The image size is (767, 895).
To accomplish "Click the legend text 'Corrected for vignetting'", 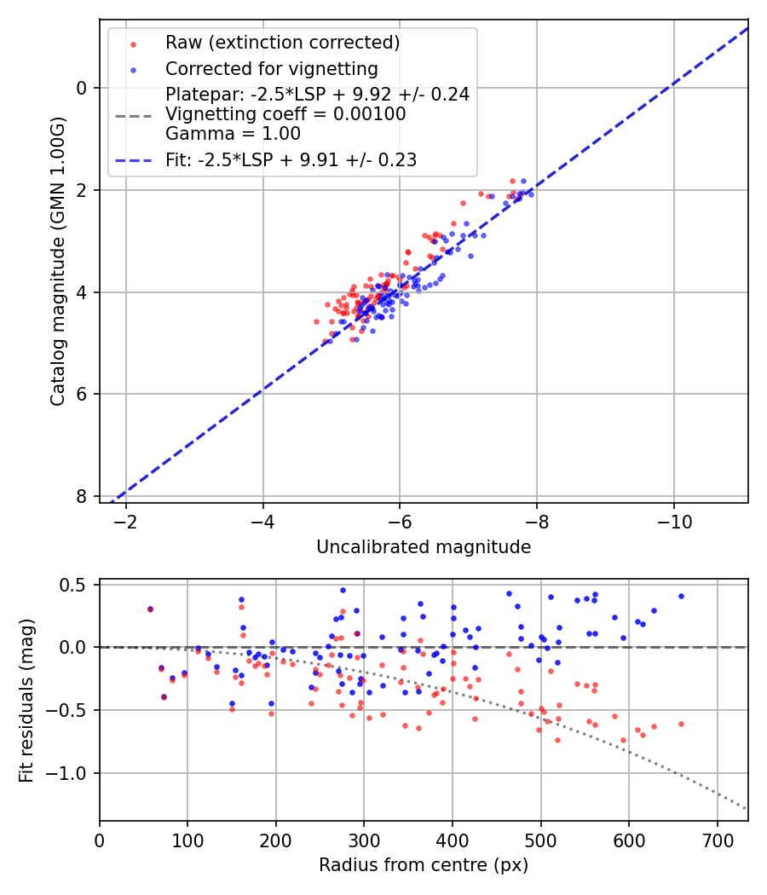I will [271, 68].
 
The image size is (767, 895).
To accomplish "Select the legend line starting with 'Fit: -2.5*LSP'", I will [291, 159].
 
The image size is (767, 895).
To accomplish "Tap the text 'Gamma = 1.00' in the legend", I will [233, 133].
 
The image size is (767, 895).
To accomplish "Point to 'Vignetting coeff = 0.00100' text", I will [285, 114].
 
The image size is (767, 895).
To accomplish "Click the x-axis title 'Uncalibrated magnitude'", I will [424, 547].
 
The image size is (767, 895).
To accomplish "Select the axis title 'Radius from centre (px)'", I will [424, 865].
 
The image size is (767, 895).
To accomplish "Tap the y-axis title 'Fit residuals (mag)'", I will [26, 700].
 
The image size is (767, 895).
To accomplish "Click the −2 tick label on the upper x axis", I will [126, 520].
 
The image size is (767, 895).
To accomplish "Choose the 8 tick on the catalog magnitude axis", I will [81, 496].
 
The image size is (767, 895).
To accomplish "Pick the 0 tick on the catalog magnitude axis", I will [81, 88].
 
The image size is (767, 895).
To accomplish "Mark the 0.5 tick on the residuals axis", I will [74, 585].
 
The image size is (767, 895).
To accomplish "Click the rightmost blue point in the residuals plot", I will [681, 596].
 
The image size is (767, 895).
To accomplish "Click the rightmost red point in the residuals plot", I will [681, 724].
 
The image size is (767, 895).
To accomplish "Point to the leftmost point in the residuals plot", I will [150, 609].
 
